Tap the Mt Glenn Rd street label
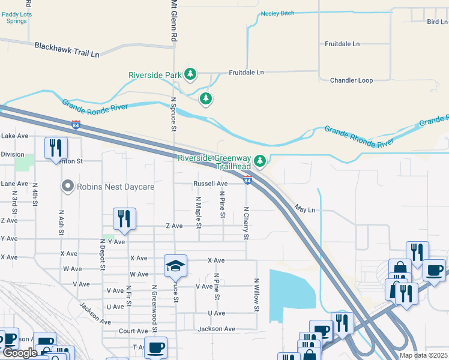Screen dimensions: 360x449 pos(173,20)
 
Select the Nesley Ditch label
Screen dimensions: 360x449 pos(280,14)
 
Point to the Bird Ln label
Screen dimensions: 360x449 pos(436,22)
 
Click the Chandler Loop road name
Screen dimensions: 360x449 pos(351,80)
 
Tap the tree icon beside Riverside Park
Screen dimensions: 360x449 pos(190,74)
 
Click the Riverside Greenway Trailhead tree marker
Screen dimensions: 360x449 pos(260,161)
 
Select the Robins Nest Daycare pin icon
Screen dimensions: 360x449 pos(68,187)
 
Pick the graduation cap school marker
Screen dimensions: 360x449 pos(176,265)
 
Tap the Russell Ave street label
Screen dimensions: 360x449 pos(210,184)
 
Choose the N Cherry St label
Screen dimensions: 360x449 pos(246,223)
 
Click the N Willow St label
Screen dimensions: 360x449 pos(256,295)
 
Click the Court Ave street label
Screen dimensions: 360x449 pos(133,331)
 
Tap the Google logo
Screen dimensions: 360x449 pos(20,353)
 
